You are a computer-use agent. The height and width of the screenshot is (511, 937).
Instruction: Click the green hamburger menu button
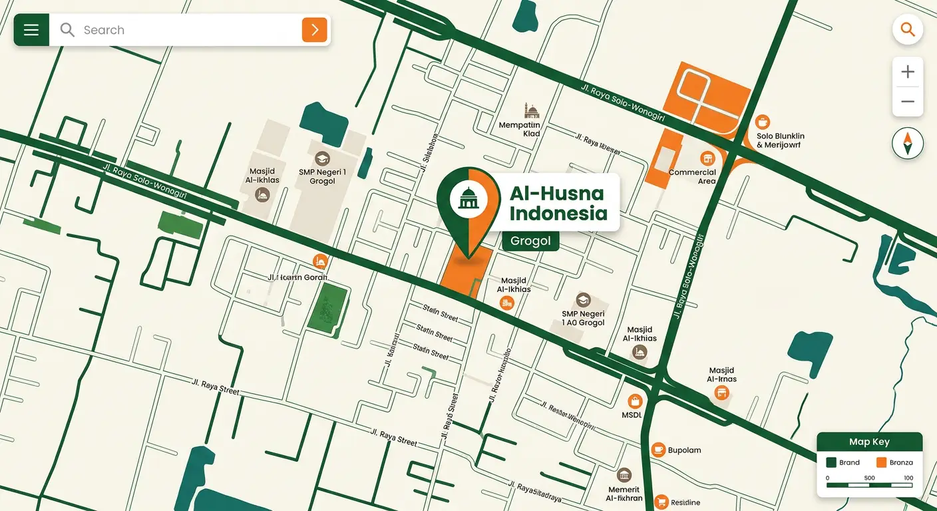(31, 30)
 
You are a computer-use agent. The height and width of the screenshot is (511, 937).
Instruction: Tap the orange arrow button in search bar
(315, 30)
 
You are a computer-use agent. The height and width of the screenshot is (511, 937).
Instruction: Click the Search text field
(186, 30)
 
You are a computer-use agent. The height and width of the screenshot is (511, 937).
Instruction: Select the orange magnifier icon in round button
(908, 29)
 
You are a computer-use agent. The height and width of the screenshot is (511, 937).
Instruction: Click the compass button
(908, 144)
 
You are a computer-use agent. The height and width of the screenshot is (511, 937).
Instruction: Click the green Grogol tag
(530, 241)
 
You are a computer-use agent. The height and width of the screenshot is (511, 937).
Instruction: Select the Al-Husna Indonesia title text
(558, 203)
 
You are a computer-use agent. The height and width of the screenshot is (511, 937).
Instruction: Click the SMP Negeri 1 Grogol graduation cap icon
(323, 159)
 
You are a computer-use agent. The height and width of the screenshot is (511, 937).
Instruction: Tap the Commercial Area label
(692, 176)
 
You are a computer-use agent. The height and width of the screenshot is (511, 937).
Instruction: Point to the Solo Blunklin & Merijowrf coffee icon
(763, 122)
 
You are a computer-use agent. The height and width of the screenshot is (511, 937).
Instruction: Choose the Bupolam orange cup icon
(658, 450)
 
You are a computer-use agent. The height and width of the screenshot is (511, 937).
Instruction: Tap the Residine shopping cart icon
(661, 502)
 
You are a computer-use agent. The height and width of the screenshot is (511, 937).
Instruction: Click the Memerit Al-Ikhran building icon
(624, 475)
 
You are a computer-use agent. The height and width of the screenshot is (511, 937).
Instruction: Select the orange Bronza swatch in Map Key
(882, 462)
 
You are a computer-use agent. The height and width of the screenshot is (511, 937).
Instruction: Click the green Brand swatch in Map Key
(831, 462)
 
